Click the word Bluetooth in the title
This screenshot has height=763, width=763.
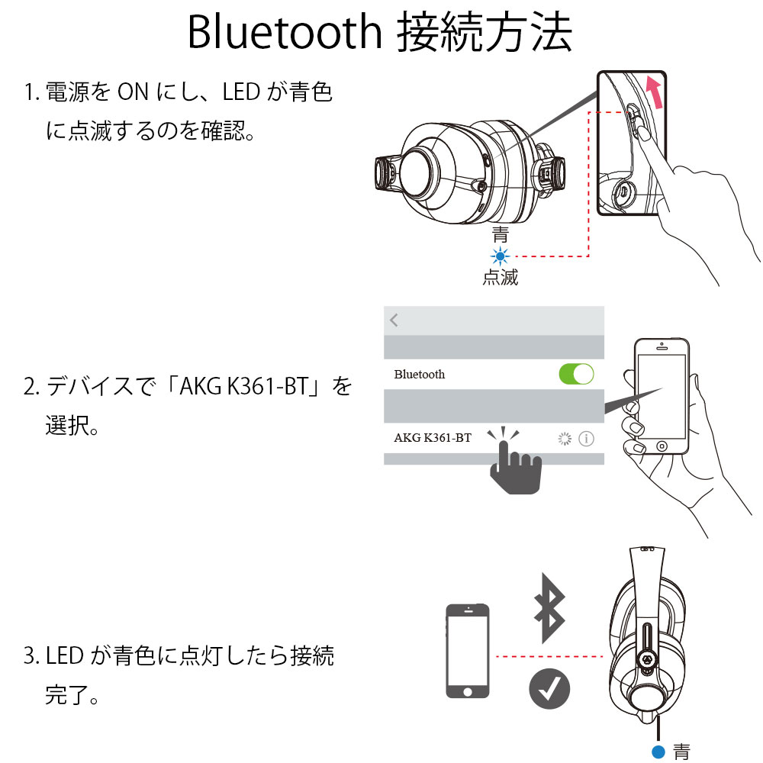[285, 31]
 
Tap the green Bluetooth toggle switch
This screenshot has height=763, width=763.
[576, 374]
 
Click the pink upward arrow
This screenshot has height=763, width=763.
[655, 91]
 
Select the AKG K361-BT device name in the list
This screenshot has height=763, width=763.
[433, 438]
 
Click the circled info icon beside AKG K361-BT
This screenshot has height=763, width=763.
[586, 439]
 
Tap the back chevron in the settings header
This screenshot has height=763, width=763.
[394, 320]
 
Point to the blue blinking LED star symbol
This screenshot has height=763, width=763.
[500, 256]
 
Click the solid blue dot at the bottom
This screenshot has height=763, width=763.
[658, 752]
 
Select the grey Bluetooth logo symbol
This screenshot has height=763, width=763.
[550, 608]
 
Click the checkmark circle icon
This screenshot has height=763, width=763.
[549, 688]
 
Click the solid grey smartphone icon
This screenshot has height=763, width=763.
[468, 651]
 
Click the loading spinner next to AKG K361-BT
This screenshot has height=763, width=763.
[565, 439]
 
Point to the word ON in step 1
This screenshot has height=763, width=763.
[133, 92]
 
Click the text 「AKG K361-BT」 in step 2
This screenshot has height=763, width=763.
[243, 387]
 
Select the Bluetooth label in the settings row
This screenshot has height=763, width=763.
[420, 374]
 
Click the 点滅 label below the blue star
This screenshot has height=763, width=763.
[501, 278]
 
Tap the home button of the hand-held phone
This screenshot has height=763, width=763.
[662, 446]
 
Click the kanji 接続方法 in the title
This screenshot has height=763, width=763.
[485, 32]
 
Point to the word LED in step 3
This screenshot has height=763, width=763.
[64, 656]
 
